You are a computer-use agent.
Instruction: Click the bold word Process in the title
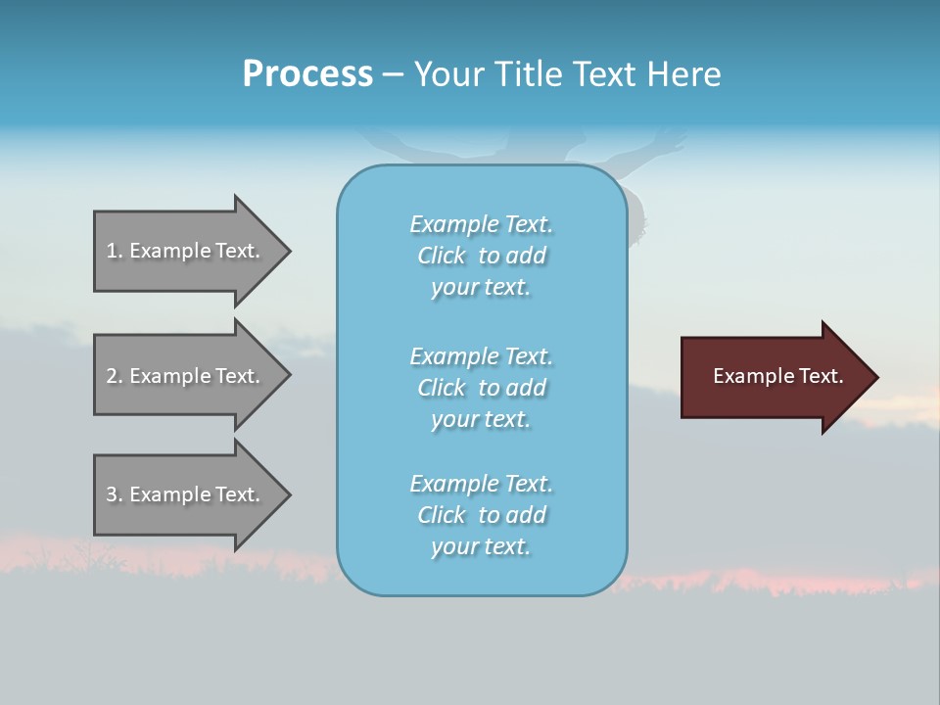tap(307, 74)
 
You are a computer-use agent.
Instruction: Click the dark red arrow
tap(774, 377)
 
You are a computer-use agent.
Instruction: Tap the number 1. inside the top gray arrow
tap(115, 251)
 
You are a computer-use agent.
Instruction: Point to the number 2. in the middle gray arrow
tap(115, 376)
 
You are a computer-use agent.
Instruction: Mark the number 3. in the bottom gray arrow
tap(115, 494)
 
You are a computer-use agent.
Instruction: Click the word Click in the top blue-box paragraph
tap(442, 256)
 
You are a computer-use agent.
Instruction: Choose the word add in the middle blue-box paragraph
tap(527, 388)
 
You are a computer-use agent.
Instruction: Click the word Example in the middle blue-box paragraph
tap(453, 355)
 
